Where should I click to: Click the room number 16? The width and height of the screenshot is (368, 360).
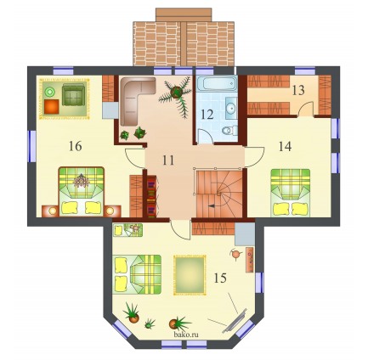pyautogui.click(x=75, y=146)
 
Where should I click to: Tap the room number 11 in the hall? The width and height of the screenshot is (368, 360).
pyautogui.click(x=168, y=160)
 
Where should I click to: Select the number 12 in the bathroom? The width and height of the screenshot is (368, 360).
pyautogui.click(x=207, y=115)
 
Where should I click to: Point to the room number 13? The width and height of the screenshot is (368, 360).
pyautogui.click(x=298, y=90)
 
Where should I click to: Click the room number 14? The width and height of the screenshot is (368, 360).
pyautogui.click(x=285, y=146)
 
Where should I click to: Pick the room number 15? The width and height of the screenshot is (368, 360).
pyautogui.click(x=220, y=278)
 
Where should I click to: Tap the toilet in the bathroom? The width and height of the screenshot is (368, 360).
pyautogui.click(x=229, y=131)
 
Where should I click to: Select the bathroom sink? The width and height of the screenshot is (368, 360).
pyautogui.click(x=231, y=108)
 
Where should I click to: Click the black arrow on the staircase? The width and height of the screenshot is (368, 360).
pyautogui.click(x=212, y=206)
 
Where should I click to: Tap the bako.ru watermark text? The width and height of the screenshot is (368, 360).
pyautogui.click(x=186, y=335)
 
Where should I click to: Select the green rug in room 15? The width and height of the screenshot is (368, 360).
pyautogui.click(x=190, y=275)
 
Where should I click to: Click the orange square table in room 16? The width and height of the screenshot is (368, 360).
pyautogui.click(x=52, y=107)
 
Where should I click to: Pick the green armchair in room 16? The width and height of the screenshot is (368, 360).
pyautogui.click(x=73, y=95)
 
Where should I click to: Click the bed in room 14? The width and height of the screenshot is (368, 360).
pyautogui.click(x=290, y=193)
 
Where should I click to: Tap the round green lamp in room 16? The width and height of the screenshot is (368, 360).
pyautogui.click(x=50, y=92)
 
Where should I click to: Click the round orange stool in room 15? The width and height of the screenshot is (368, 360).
pyautogui.click(x=235, y=254)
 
